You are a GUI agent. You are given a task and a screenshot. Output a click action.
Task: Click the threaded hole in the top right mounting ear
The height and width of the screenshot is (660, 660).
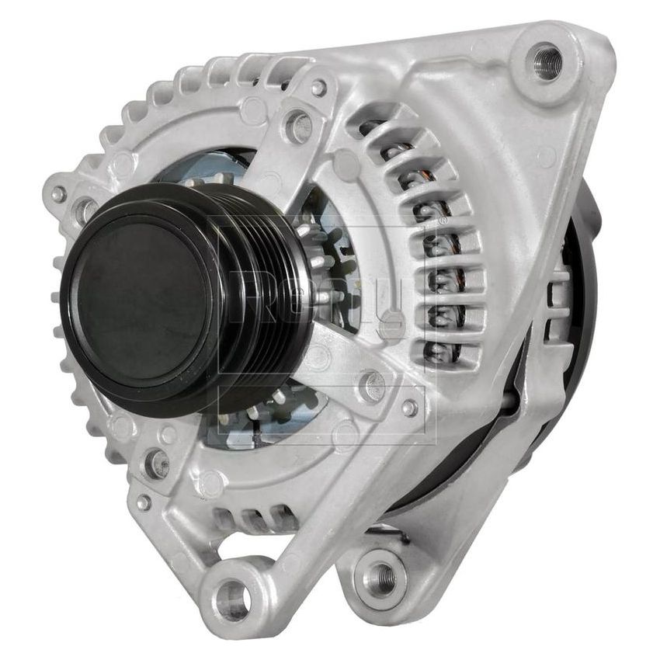pos(547,61)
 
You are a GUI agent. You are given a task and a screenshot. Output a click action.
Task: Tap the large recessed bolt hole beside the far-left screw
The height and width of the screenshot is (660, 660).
pos(84,208)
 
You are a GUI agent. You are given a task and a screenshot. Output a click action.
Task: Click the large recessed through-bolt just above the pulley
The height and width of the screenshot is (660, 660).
pos(298,126)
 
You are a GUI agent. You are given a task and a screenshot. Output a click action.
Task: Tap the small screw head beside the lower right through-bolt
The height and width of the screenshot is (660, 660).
pos(409,407)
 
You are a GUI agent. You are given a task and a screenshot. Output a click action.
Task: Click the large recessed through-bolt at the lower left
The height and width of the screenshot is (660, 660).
pos(158,464)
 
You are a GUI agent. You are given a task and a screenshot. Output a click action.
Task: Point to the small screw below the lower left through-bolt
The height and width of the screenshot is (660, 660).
pos(144,502)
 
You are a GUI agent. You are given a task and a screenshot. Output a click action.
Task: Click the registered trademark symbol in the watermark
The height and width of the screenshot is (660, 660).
pos(443,221)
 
